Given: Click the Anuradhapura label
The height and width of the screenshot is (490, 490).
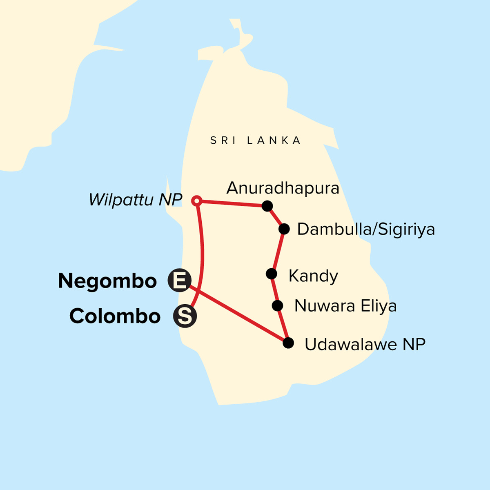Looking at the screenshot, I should pyautogui.click(x=283, y=188).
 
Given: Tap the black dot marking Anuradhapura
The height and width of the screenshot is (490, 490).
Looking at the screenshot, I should pyautogui.click(x=267, y=206).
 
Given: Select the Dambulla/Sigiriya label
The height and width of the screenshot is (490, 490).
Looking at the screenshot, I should pyautogui.click(x=366, y=229).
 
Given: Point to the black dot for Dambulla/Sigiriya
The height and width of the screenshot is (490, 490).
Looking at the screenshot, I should pyautogui.click(x=284, y=229).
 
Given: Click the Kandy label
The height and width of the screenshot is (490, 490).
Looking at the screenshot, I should pyautogui.click(x=313, y=276).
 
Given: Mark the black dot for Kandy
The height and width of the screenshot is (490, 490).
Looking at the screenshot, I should pyautogui.click(x=272, y=274).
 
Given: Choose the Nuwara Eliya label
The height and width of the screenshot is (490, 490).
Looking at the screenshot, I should pyautogui.click(x=345, y=306).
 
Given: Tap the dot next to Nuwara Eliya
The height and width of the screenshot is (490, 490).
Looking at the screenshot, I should pyautogui.click(x=278, y=305).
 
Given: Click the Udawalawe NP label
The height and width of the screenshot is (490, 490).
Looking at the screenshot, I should pyautogui.click(x=365, y=345).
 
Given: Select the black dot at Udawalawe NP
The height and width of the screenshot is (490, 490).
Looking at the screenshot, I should pyautogui.click(x=288, y=343).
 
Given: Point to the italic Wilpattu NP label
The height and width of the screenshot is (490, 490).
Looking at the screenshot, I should pyautogui.click(x=135, y=200).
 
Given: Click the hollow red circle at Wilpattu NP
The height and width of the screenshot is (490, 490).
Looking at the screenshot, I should pyautogui.click(x=197, y=200).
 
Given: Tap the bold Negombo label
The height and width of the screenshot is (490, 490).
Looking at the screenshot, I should pyautogui.click(x=107, y=281).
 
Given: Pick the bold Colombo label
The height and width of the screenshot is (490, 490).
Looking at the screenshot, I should pyautogui.click(x=115, y=316).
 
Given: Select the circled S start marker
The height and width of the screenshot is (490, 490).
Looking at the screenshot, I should pyautogui.click(x=185, y=316).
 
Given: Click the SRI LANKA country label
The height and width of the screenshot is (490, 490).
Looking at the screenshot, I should pyautogui.click(x=256, y=141).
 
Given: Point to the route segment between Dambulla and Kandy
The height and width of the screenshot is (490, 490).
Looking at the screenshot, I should pyautogui.click(x=278, y=251).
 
